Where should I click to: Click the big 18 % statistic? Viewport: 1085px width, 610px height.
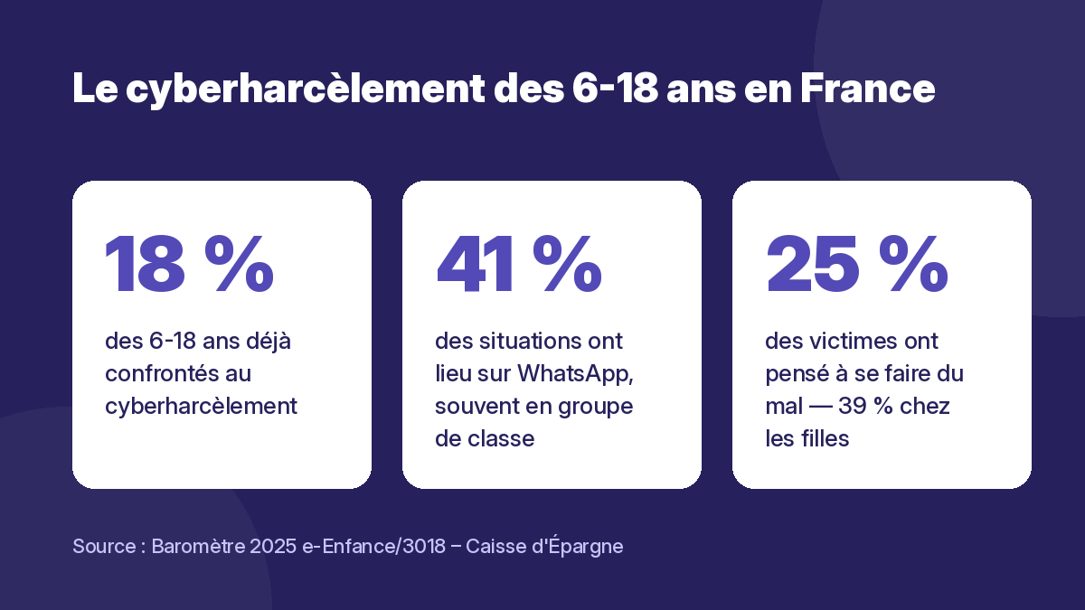click(x=189, y=264)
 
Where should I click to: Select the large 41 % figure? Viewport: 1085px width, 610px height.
click(x=519, y=264)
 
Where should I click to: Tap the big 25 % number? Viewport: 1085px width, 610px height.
click(x=857, y=264)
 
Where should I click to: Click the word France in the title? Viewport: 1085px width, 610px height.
click(x=867, y=89)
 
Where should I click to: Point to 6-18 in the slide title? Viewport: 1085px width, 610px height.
click(x=615, y=89)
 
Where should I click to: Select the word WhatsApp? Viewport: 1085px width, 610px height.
click(x=575, y=374)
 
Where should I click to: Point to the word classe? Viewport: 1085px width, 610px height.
click(x=501, y=438)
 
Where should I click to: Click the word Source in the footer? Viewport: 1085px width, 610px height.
click(x=104, y=546)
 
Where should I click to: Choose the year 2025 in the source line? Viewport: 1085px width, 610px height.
click(x=273, y=546)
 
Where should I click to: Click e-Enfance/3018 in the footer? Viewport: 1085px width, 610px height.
click(x=373, y=546)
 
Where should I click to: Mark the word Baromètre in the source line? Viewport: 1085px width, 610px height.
click(x=198, y=546)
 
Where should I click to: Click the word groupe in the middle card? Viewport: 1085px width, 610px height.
click(x=595, y=407)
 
